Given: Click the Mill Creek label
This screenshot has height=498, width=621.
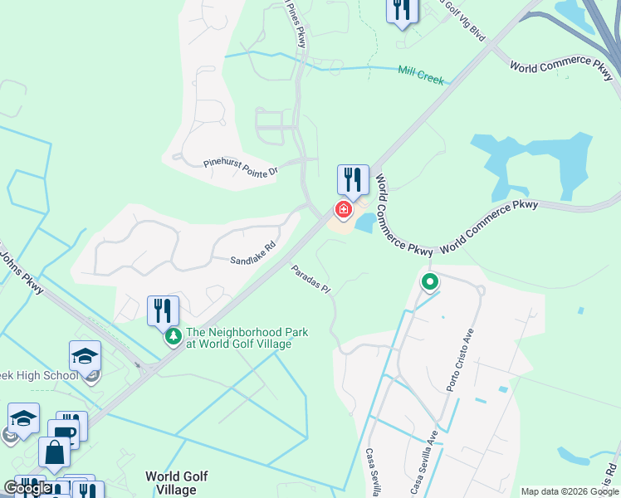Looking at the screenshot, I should (421, 76).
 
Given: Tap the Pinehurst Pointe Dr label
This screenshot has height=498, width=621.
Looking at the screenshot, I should (240, 167).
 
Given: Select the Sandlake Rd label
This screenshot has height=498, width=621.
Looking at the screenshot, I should (252, 261).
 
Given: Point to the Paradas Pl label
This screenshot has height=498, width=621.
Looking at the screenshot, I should (311, 281).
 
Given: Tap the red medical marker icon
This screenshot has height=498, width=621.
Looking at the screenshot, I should (343, 208).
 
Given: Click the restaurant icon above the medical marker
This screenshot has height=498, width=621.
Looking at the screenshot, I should (353, 178).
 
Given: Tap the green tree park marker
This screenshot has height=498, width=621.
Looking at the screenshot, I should (174, 336).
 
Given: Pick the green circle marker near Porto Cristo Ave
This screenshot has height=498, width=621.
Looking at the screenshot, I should (430, 283).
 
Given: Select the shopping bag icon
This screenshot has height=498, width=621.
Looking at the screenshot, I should (54, 452).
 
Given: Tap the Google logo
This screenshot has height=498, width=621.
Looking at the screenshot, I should (28, 488).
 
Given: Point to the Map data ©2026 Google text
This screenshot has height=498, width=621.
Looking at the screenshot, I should (569, 491).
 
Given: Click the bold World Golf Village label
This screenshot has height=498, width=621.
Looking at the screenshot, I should (176, 483).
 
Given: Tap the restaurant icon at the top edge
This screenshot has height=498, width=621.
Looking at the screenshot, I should (402, 10).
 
